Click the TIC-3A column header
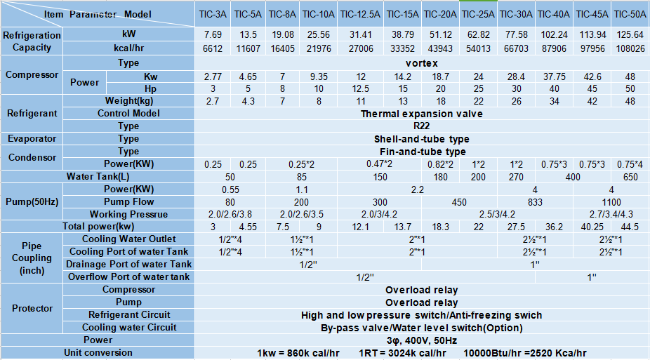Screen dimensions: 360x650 coord(213,13)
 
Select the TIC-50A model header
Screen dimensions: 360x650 coord(630,13)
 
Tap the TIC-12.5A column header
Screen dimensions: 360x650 coord(359,13)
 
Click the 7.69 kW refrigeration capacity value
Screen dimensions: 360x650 coord(213,34)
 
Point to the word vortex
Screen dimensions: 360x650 coord(421,63)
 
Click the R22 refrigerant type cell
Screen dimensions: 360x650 coord(421,126)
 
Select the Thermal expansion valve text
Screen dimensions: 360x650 coord(421,114)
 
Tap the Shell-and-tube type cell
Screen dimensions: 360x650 coord(421,139)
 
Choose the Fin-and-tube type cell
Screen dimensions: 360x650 coord(421,152)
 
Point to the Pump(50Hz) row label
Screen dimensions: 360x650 coord(32,202)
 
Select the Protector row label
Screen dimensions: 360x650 coord(32,309)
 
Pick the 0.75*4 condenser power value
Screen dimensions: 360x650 coord(630,164)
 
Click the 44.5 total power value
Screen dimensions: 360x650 coord(630,227)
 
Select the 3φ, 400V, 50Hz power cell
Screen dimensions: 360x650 coord(421,340)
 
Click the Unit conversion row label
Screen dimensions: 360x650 coord(98,352)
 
